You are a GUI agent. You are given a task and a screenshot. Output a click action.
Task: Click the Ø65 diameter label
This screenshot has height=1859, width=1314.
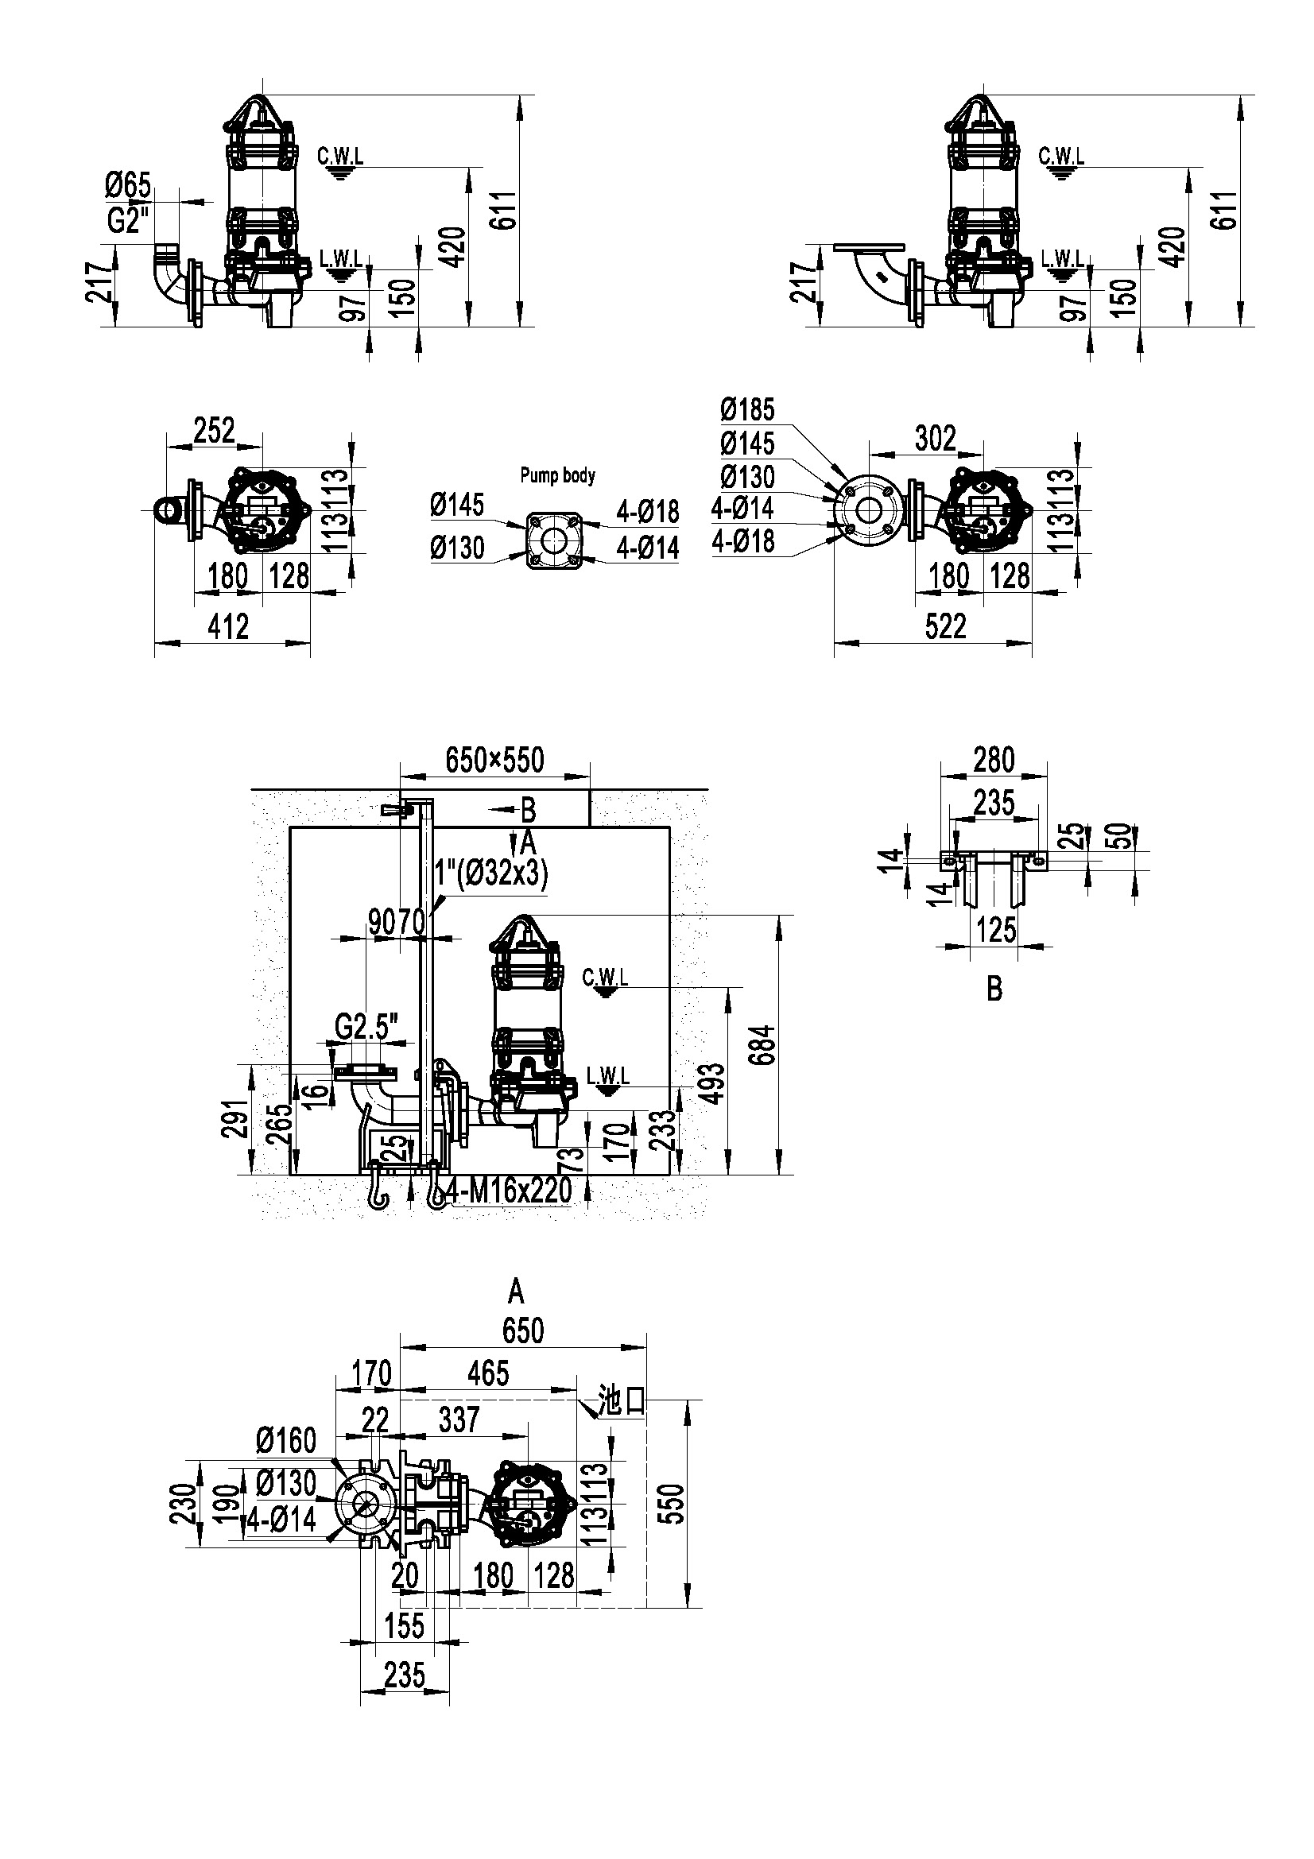coord(128,185)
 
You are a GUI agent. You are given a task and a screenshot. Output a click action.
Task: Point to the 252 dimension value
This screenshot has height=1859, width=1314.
coord(215,431)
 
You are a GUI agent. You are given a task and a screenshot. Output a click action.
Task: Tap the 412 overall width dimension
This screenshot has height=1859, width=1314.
coord(228,626)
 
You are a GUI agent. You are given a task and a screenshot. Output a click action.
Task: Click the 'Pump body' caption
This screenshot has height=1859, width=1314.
coord(557,475)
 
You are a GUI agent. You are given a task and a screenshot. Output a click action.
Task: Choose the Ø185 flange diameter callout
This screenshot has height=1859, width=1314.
coord(747,409)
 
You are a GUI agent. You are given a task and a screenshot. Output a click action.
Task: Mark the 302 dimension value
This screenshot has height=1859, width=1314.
coord(935,439)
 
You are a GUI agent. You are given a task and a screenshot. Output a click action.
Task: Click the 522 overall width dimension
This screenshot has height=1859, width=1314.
coord(946,626)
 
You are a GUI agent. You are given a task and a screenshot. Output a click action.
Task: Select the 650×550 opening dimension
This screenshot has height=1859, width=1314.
coord(494,761)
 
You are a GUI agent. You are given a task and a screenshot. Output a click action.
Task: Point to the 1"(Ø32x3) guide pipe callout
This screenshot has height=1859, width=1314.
coord(491,873)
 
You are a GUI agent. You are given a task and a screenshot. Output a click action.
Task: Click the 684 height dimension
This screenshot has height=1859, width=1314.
coord(764,1044)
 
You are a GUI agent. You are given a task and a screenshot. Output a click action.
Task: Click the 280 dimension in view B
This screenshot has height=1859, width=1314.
coord(994,761)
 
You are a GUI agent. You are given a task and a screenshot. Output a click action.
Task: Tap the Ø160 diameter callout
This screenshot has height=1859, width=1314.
coord(286,1440)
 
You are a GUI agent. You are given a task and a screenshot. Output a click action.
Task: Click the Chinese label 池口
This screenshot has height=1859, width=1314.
coord(620,1400)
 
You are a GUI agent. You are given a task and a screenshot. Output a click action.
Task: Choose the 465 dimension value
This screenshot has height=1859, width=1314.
coord(489,1373)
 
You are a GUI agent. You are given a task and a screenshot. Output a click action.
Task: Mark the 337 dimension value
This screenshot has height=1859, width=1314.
coord(459,1419)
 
